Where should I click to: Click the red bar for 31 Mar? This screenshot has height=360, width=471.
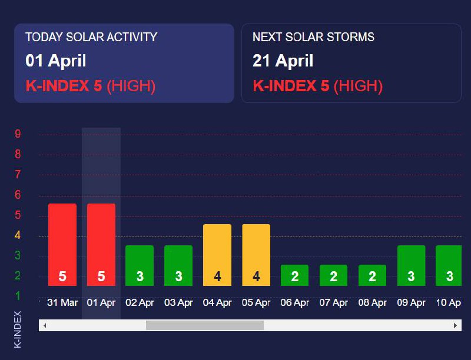tap(62, 245)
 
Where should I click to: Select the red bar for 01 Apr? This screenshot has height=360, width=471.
tap(101, 245)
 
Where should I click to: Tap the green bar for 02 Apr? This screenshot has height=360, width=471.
tap(140, 265)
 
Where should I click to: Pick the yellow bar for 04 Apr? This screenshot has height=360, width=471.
tap(217, 255)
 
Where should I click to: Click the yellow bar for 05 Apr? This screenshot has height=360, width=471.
tap(256, 255)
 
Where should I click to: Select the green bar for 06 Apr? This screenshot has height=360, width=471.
tap(294, 275)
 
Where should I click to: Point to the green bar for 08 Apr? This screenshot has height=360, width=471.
tap(372, 275)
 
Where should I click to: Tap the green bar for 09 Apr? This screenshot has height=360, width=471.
tap(411, 265)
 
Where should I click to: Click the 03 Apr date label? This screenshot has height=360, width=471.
tap(178, 303)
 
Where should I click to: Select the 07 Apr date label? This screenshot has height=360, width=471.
tap(333, 303)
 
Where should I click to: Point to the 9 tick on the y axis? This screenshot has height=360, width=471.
tap(18, 134)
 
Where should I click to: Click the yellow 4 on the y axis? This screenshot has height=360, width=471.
tap(18, 235)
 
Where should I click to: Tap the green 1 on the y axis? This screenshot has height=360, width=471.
tap(18, 295)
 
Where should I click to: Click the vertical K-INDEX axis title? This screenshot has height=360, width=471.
tap(17, 329)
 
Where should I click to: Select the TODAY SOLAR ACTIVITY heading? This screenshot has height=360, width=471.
tap(91, 37)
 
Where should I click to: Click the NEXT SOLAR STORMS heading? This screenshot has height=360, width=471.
tap(313, 37)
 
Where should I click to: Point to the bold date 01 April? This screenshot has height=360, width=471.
tap(56, 61)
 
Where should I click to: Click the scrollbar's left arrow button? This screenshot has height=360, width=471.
tap(45, 325)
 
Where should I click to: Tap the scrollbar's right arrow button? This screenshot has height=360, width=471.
tap(455, 325)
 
